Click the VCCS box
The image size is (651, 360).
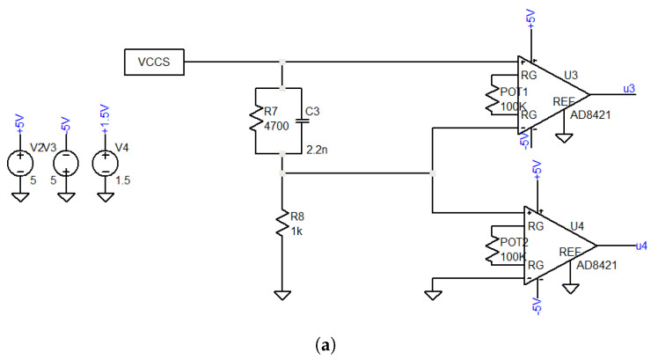[155, 62]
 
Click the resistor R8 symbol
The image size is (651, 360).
[282, 224]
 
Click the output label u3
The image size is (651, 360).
[629, 87]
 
